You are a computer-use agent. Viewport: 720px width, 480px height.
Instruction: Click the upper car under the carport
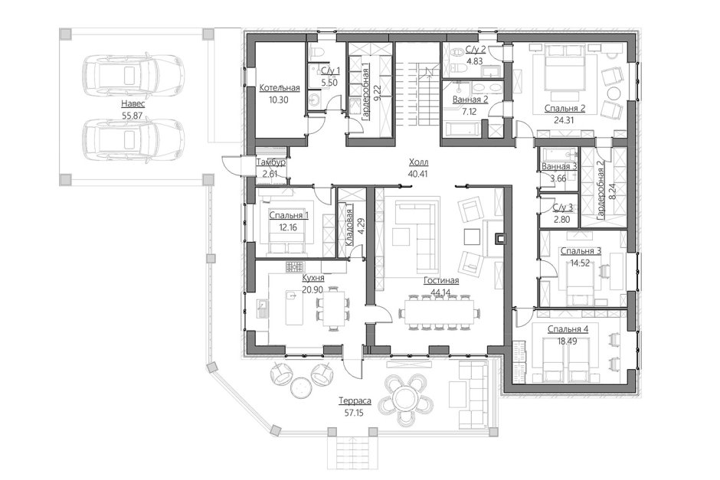(x=133, y=72)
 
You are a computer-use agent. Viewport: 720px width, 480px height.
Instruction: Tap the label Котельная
(x=279, y=88)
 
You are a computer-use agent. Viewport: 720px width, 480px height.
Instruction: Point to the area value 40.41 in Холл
(x=417, y=174)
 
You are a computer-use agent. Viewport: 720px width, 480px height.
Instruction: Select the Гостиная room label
(x=441, y=280)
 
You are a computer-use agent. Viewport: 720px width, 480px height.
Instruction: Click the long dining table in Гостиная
(x=440, y=312)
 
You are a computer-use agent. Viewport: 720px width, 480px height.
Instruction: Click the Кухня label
(x=313, y=278)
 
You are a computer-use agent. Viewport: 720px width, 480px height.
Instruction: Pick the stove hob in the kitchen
(x=295, y=266)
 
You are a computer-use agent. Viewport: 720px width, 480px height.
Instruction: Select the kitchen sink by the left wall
(x=262, y=309)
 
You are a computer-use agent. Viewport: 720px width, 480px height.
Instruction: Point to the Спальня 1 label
(x=289, y=215)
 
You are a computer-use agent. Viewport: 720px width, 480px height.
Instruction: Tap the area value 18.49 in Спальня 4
(x=568, y=341)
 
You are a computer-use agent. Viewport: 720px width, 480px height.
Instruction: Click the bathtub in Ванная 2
(x=461, y=129)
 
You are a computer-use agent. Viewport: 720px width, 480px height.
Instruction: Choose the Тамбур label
(x=271, y=162)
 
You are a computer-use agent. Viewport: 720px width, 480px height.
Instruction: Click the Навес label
(x=133, y=104)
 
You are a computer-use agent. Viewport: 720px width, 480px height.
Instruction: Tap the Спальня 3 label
(x=581, y=251)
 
